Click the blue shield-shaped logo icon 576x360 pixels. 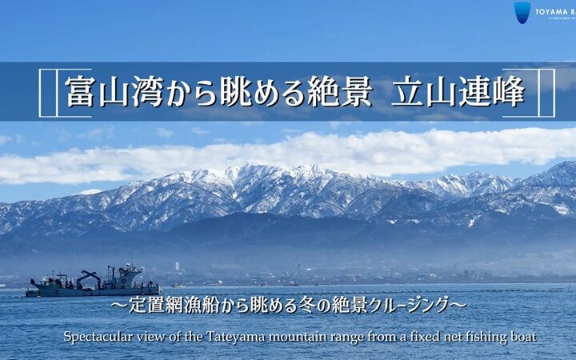tap(522, 12)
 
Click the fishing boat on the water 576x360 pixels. tap(94, 283)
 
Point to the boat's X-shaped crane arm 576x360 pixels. tap(88, 278)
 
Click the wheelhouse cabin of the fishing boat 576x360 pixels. tap(128, 274)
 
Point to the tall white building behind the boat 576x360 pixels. tap(178, 266)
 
